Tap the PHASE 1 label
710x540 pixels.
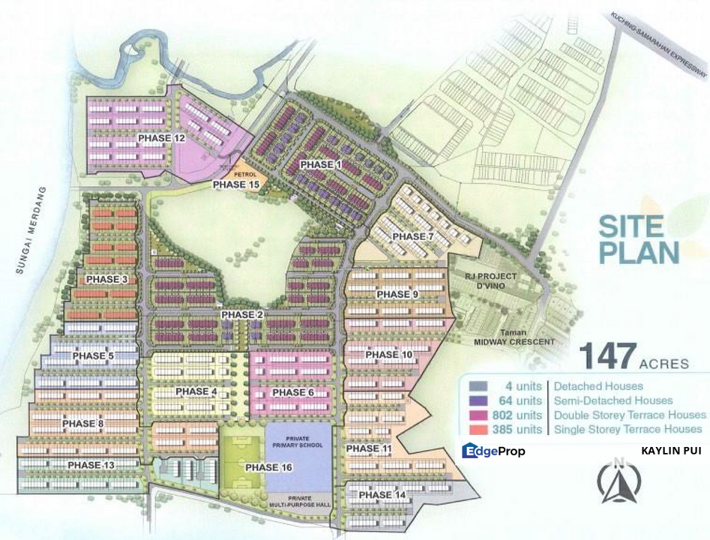320,164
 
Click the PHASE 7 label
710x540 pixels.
413,237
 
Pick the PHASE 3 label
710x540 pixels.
107,280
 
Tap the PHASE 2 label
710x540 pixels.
242,315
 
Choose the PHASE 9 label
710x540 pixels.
397,295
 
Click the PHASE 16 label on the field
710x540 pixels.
262,467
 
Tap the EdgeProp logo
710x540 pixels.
493,451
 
